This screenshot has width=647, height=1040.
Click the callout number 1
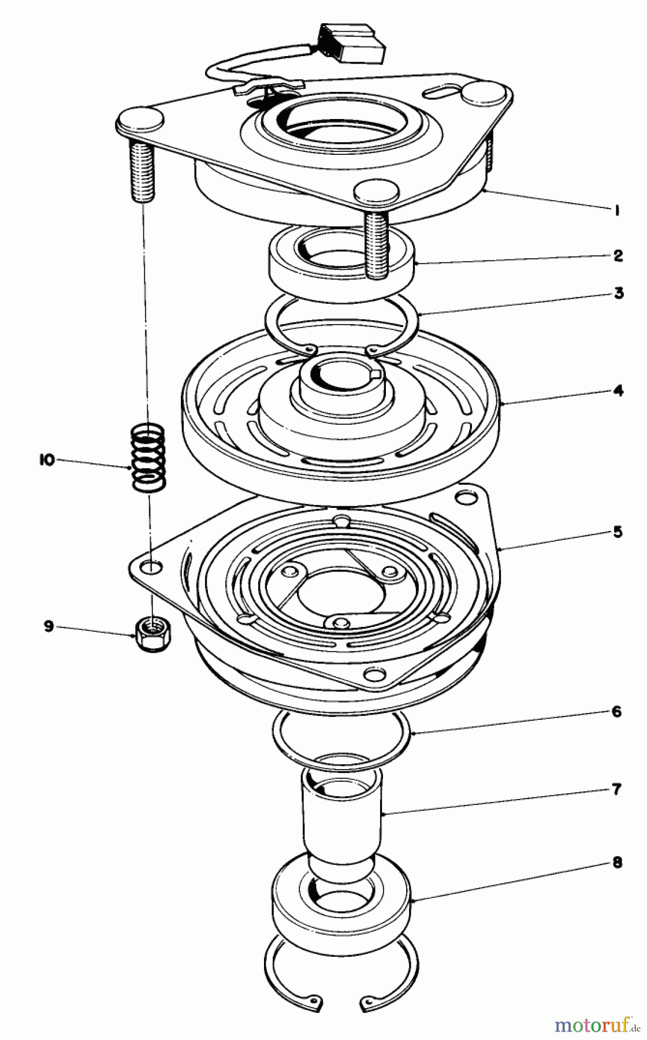pos(617,211)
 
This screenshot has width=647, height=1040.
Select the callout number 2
pos(618,255)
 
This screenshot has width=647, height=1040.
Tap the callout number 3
pos(618,294)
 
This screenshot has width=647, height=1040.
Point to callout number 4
pos(618,391)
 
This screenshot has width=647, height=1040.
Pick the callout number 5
pos(618,532)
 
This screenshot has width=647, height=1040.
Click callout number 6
pos(617,711)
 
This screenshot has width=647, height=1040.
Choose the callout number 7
pos(617,789)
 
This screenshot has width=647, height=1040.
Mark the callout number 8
pos(617,863)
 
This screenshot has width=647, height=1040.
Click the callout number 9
pos(49,626)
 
